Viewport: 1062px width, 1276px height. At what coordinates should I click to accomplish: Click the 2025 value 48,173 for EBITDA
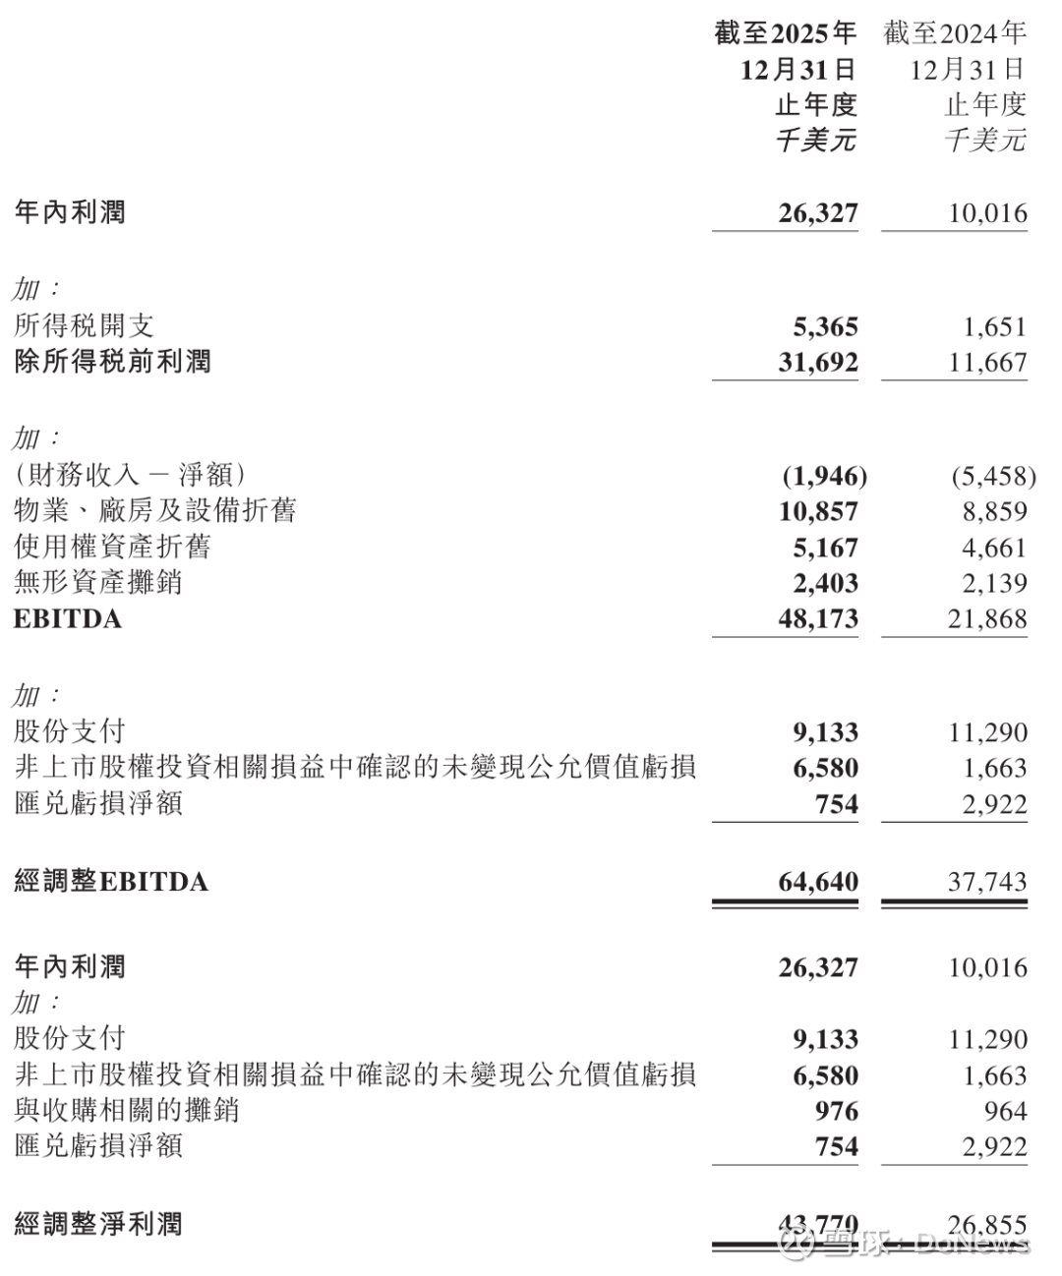pos(818,619)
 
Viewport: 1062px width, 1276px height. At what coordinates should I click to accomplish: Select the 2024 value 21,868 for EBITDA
pos(987,619)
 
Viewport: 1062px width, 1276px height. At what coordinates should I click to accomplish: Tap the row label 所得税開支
pos(85,326)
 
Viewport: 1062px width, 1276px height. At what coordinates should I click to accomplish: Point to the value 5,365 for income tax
pos(825,327)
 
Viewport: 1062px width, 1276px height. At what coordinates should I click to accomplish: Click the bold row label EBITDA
pos(68,619)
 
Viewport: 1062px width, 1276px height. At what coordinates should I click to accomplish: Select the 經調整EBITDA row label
pos(111,882)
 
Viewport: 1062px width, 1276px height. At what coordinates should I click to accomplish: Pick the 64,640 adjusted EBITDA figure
pos(818,882)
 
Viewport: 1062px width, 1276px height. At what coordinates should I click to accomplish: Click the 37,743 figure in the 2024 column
pos(987,882)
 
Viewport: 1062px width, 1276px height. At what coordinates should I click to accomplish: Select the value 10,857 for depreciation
pos(818,511)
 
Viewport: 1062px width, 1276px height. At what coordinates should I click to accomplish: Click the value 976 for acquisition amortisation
pos(837,1111)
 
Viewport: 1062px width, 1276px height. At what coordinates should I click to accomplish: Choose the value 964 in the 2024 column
pos(1005,1111)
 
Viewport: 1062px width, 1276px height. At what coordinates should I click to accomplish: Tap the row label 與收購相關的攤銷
pos(127,1111)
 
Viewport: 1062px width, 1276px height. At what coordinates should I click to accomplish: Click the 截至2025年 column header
pos(786,33)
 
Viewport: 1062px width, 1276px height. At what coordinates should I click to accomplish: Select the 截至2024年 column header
pos(955,33)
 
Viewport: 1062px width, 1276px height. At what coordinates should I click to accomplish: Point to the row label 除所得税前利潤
pos(113,362)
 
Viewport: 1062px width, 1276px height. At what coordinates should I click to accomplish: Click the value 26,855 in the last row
pos(987,1225)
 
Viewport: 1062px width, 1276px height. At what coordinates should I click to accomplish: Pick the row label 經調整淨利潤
pos(98,1225)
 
